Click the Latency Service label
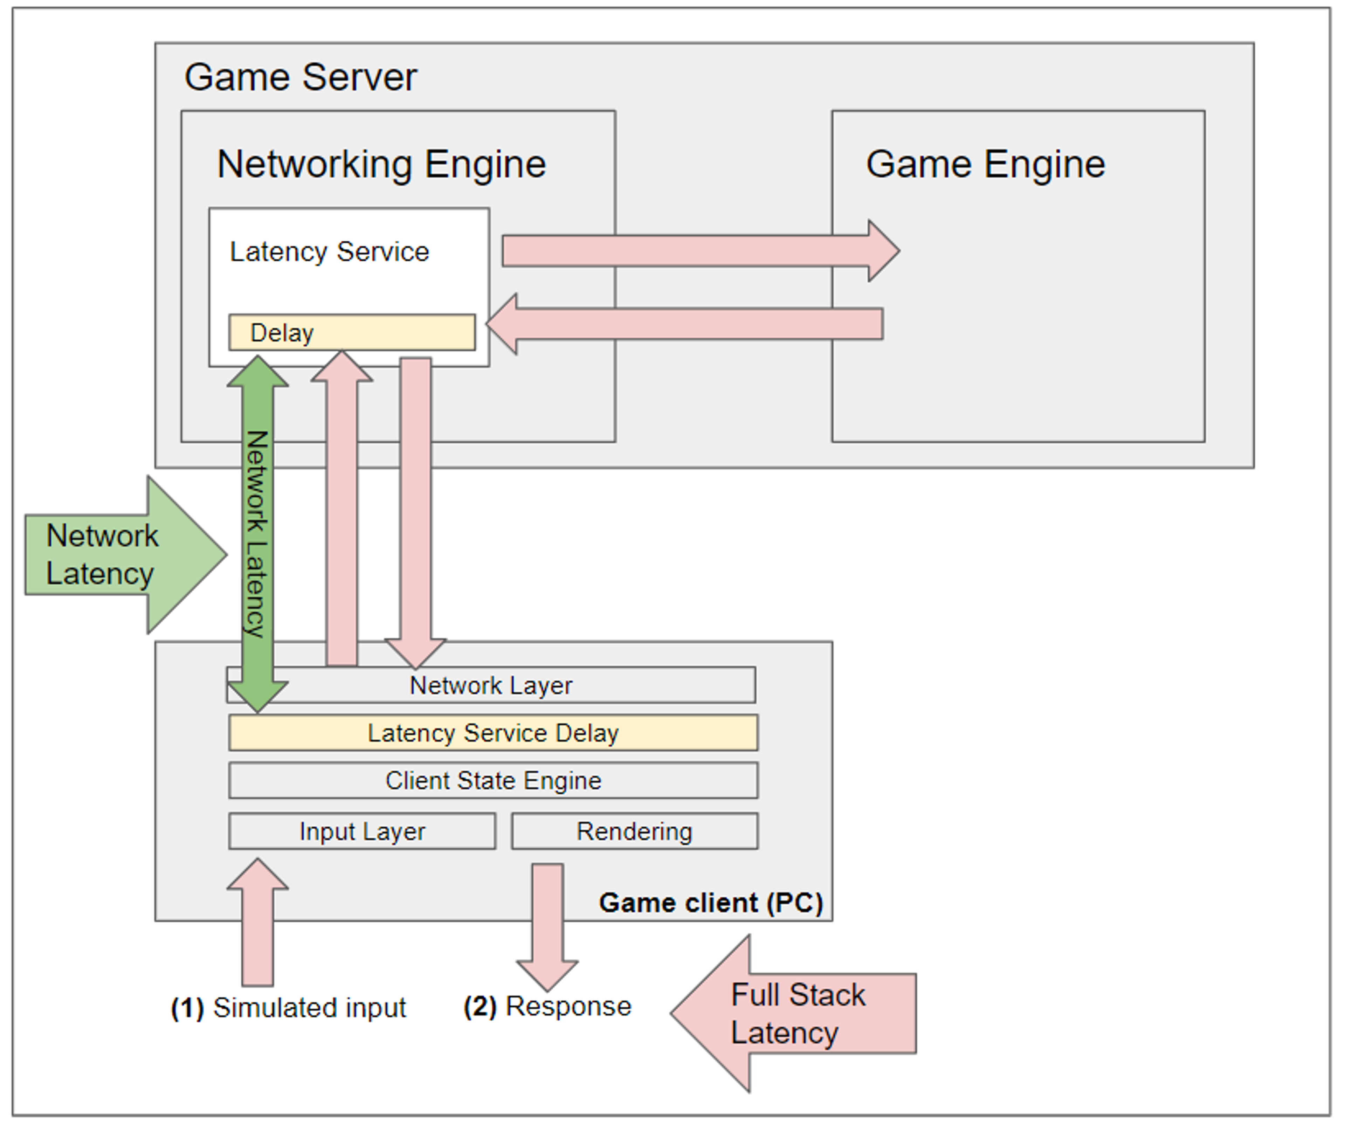tap(329, 251)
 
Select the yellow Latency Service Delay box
tap(493, 732)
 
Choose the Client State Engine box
tap(493, 780)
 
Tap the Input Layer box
tap(362, 831)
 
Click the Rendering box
tap(634, 831)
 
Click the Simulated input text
tap(309, 1008)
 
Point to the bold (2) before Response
tap(480, 1007)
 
